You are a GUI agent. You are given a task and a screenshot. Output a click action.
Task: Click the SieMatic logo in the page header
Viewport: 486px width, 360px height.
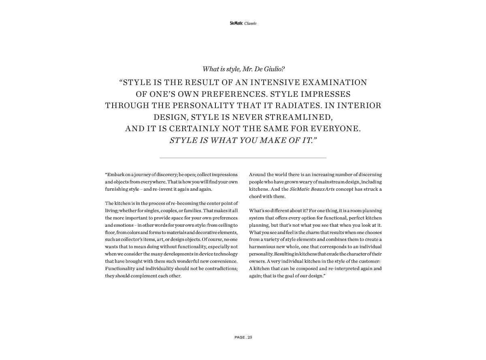[236, 23]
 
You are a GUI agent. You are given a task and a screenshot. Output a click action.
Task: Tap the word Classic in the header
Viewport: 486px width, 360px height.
[250, 23]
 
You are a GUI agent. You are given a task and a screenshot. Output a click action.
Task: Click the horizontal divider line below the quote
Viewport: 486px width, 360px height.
[243, 158]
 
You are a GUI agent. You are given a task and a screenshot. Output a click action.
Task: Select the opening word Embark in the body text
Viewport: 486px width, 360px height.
[114, 175]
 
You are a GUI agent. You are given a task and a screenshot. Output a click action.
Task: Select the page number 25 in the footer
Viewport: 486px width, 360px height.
[250, 337]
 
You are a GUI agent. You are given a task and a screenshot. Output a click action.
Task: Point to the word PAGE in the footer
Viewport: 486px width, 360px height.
[240, 337]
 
